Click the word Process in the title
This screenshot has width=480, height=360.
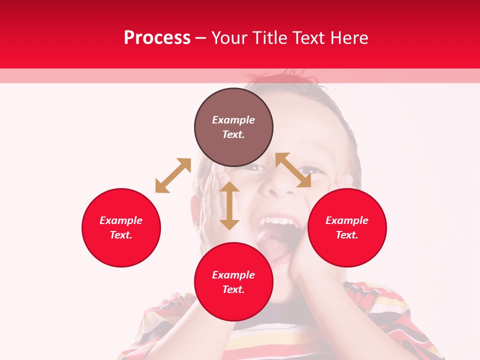click(157, 38)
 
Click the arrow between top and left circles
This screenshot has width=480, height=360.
click(173, 175)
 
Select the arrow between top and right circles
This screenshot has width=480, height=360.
click(293, 170)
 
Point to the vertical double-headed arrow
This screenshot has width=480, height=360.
click(229, 205)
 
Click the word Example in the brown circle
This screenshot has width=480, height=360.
click(233, 120)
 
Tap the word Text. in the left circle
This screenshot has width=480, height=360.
click(121, 235)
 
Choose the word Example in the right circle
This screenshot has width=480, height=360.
click(347, 220)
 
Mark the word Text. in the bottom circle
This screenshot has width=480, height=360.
click(233, 289)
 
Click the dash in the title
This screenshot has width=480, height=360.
click(200, 38)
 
